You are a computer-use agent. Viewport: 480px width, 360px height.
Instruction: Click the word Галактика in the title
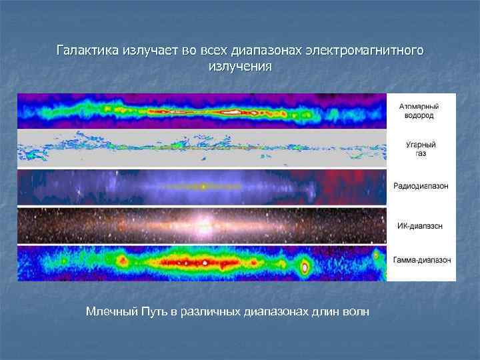pos(87,51)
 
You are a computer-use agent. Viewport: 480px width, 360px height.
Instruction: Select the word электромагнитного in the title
pos(364,51)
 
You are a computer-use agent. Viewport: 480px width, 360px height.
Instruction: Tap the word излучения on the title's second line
pos(240,67)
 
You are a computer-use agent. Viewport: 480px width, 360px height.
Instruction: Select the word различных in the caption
pos(213,311)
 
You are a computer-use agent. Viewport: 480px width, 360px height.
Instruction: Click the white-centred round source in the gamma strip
pos(305,268)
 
